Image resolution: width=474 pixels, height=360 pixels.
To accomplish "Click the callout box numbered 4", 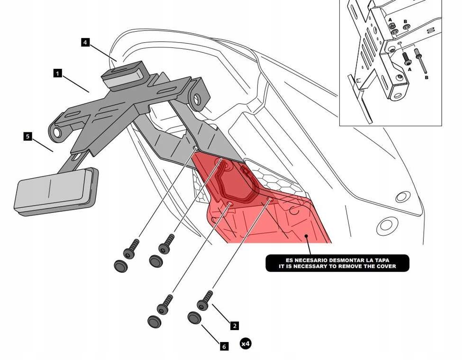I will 85,42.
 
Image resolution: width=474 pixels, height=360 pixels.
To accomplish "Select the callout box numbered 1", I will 57,73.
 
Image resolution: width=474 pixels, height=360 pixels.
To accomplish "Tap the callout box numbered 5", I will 27,136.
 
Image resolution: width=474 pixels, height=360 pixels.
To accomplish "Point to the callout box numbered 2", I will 234,325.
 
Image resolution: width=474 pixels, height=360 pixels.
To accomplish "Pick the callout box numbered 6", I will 224,346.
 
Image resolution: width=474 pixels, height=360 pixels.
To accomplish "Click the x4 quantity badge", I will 245,343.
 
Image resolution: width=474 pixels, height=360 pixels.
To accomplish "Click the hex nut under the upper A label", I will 393,29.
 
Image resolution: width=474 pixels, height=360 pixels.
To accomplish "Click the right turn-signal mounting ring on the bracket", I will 198,99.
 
